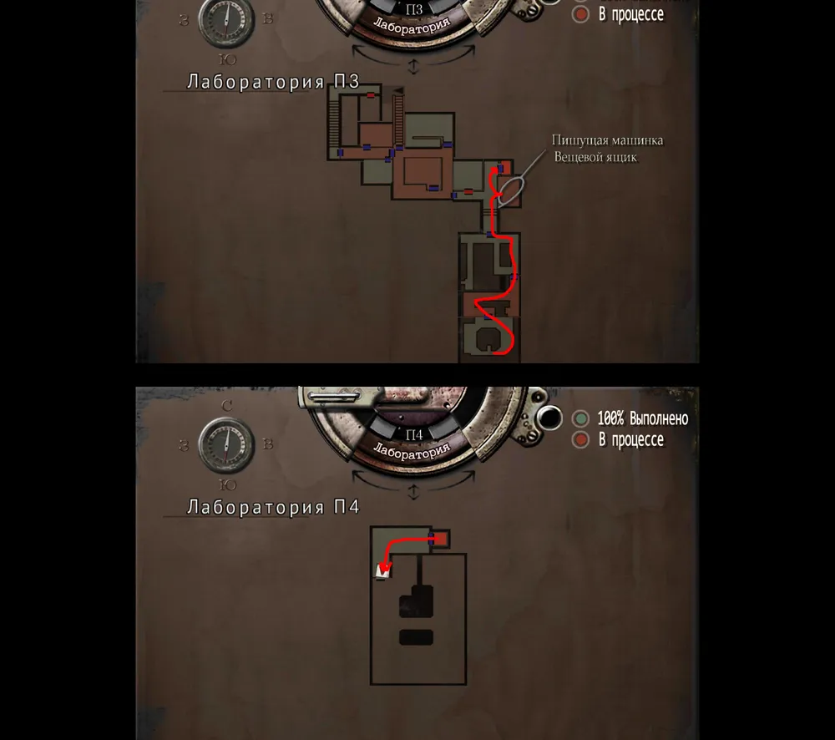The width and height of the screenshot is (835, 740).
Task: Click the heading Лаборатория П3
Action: coord(273,82)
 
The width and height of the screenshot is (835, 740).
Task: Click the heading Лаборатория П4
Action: coord(273,507)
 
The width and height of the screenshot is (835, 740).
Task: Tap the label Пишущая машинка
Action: coord(607,140)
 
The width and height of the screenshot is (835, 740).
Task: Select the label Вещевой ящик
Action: coord(595,157)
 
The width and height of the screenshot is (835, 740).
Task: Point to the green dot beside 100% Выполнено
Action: coord(580,418)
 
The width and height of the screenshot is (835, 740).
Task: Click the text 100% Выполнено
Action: coord(643,418)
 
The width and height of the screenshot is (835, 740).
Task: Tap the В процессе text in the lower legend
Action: coord(631,440)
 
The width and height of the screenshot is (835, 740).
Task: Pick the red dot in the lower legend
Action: coord(580,440)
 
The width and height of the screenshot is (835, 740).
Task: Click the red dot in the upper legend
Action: coord(580,14)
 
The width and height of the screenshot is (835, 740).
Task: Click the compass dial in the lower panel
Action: coord(226,444)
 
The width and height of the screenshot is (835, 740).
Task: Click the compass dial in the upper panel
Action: coord(226,20)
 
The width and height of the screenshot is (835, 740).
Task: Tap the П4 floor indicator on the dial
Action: coord(414,435)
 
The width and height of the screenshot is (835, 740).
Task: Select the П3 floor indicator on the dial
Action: coord(414,9)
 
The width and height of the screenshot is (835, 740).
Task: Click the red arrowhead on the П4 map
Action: coord(384,568)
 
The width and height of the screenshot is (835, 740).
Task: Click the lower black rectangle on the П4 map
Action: coord(416,637)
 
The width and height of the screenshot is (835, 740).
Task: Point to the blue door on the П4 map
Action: coord(432,538)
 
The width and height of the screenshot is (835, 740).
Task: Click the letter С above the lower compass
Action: coord(227,406)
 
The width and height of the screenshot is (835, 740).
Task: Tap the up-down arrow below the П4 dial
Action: coord(413,492)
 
